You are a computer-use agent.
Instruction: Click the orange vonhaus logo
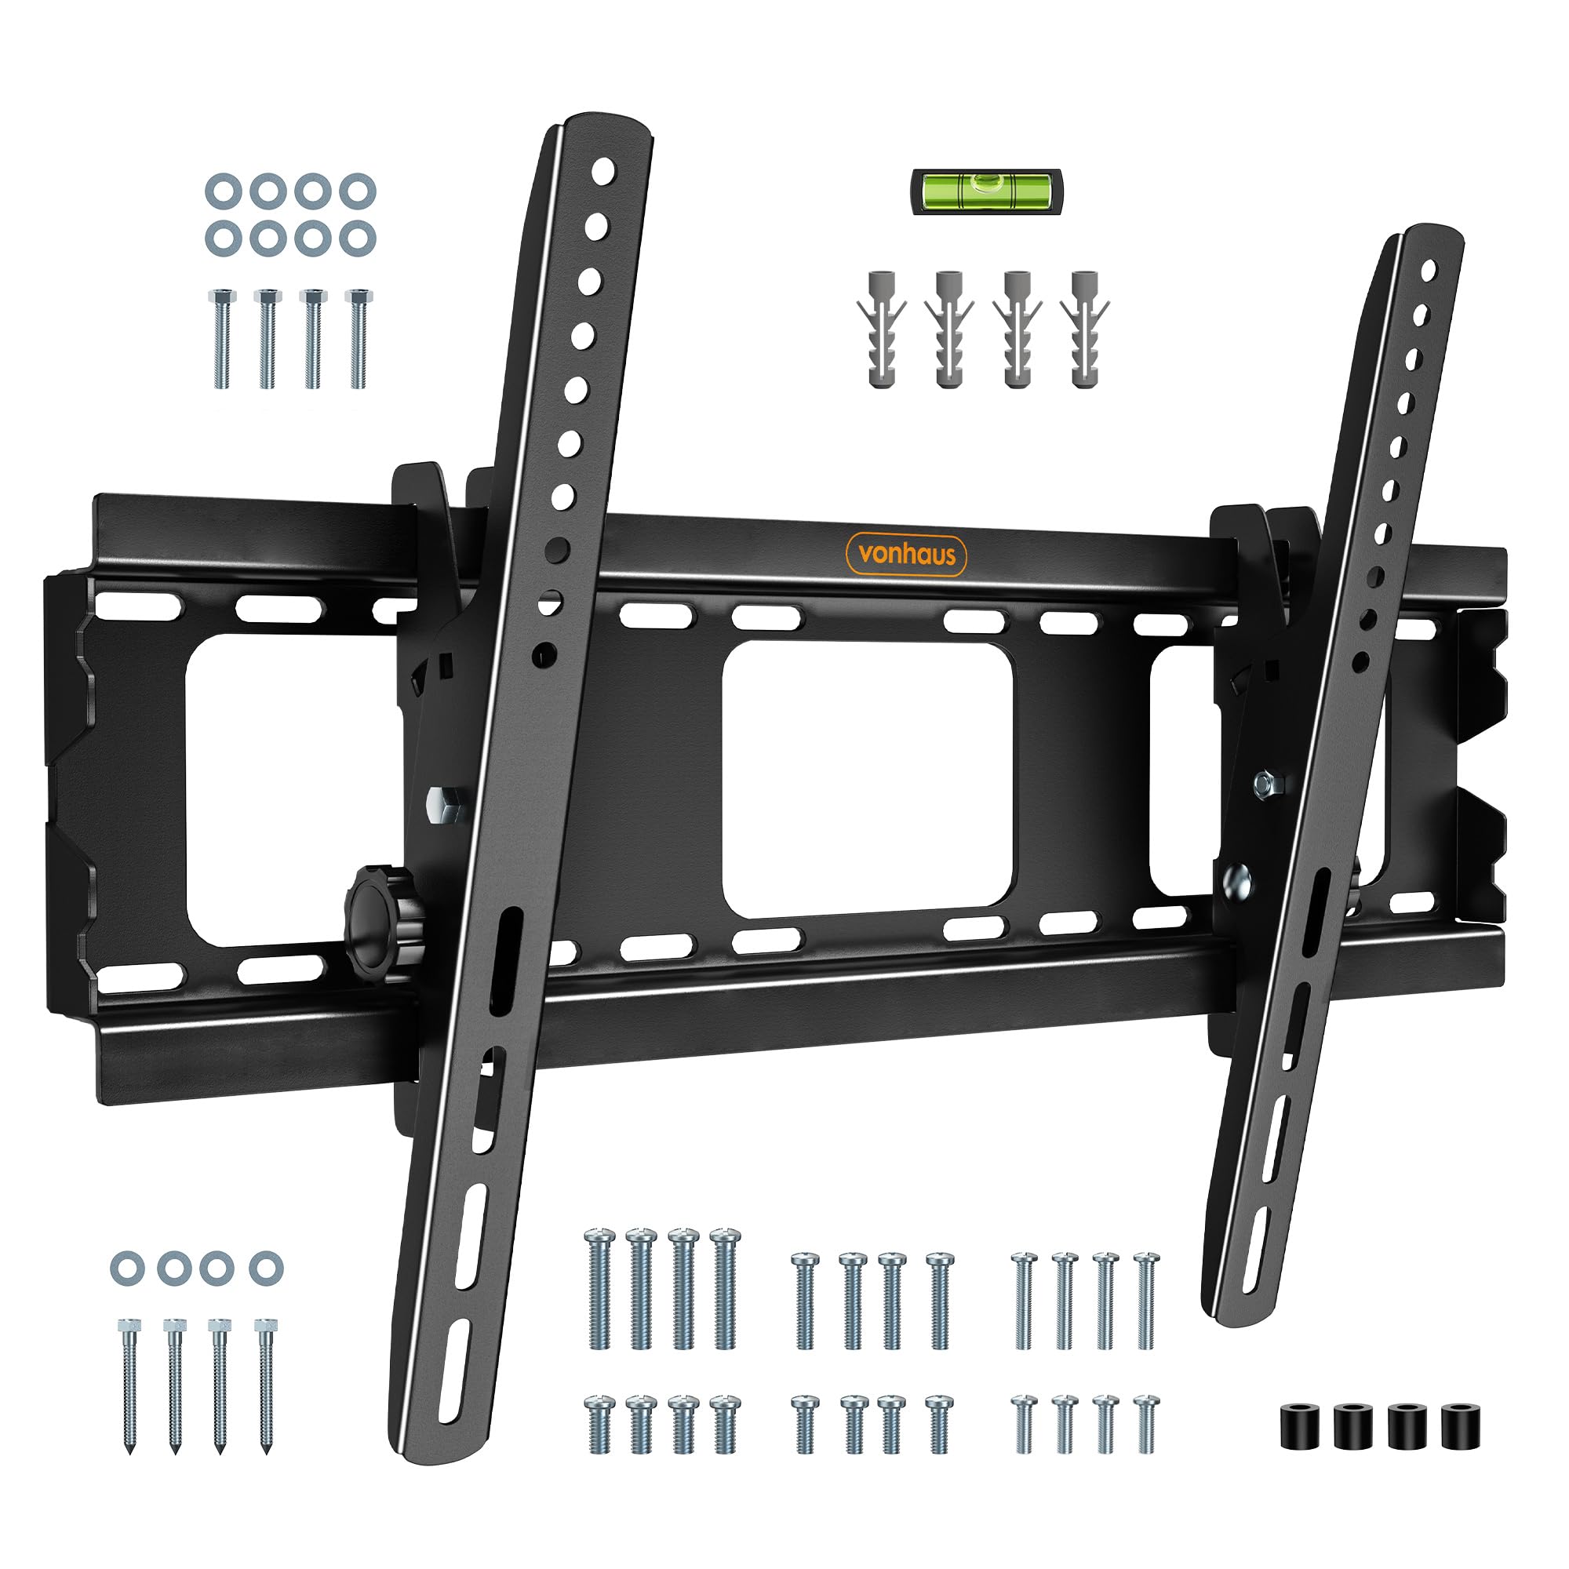906,555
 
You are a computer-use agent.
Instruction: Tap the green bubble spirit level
986,191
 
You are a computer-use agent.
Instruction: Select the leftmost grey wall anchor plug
881,329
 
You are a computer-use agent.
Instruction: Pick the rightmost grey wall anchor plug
1084,329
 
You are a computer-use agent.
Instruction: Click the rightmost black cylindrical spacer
1460,1425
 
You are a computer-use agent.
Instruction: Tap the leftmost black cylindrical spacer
1300,1425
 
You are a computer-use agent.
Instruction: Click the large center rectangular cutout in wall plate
868,780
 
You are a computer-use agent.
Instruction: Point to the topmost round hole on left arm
603,171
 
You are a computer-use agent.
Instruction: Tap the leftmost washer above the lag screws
128,1268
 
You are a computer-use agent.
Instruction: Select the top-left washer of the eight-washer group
224,191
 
